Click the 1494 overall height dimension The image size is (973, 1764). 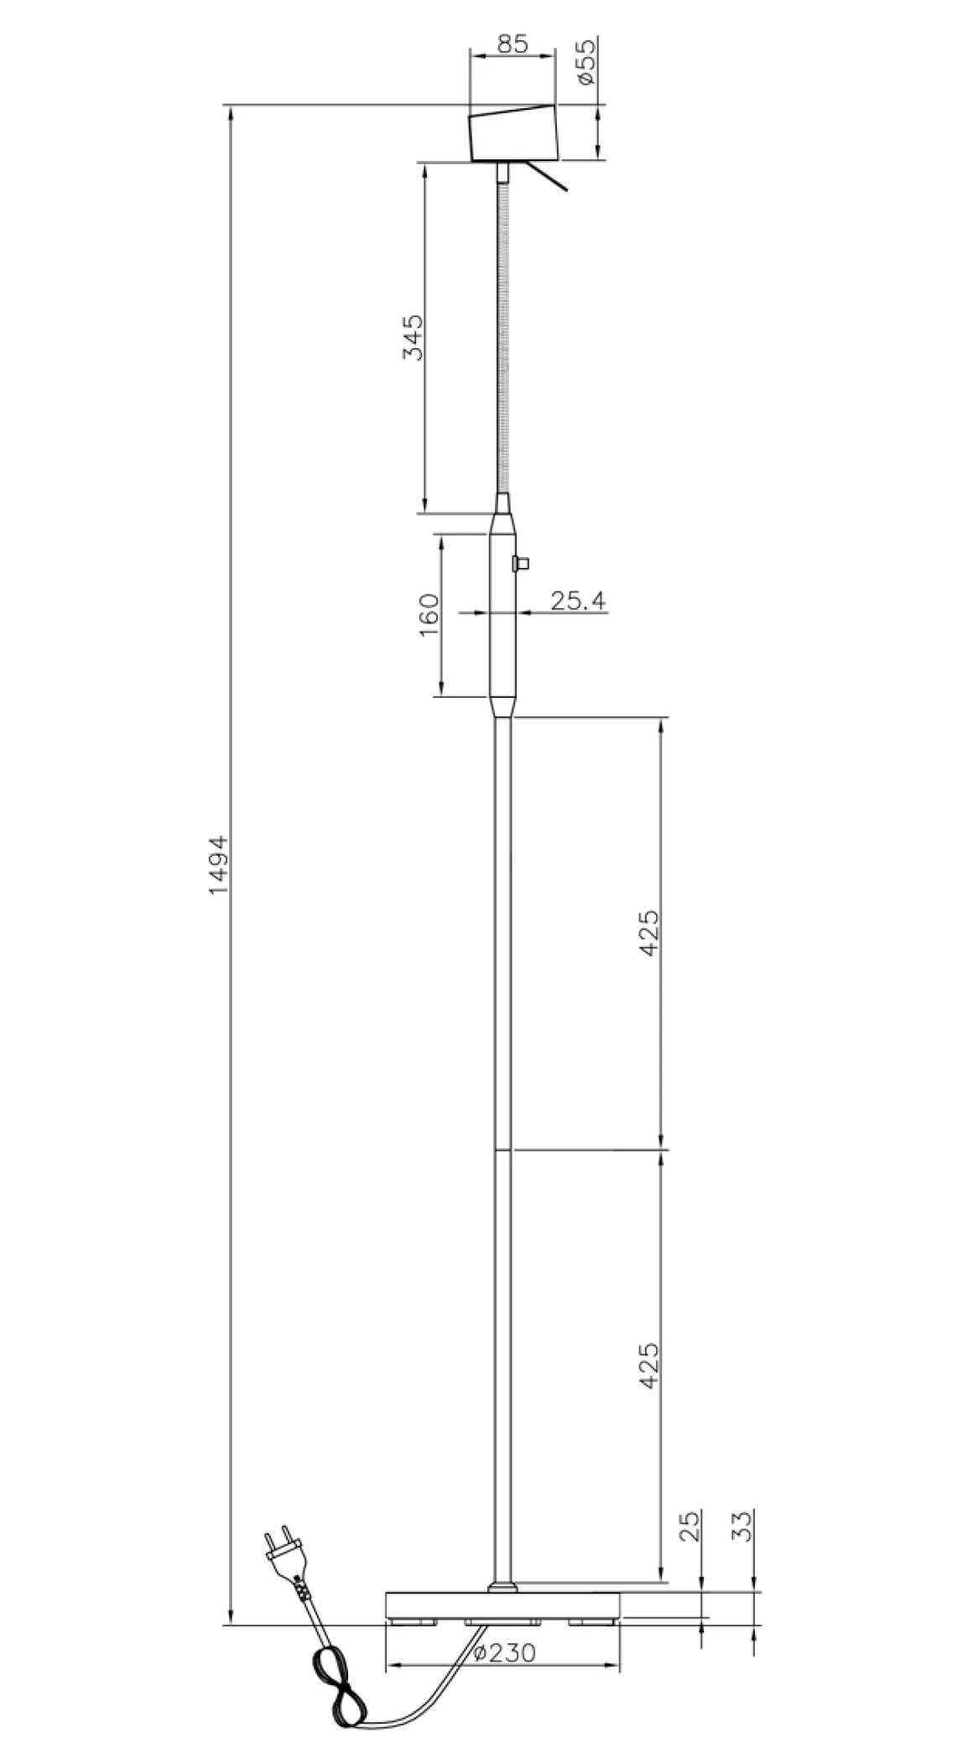(x=219, y=864)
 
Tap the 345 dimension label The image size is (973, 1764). (x=412, y=337)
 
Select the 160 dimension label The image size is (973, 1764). (x=429, y=615)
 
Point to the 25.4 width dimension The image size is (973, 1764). (x=578, y=601)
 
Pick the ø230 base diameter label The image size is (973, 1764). (x=504, y=1652)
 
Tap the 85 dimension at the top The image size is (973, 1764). (x=512, y=44)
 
